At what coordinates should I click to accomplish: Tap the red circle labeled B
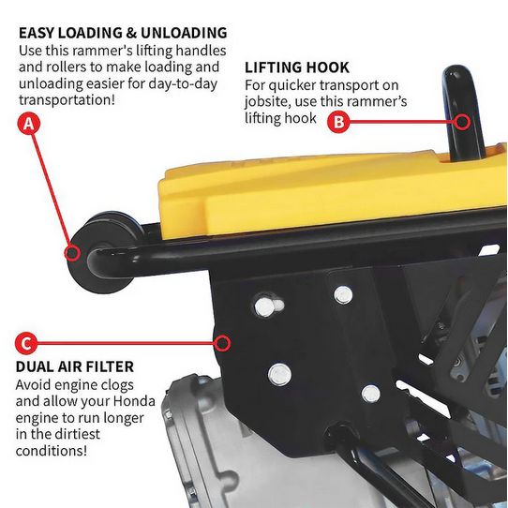tap(340, 120)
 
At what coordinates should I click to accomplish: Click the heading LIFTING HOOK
tap(296, 67)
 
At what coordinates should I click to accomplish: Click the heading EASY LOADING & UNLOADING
tap(122, 33)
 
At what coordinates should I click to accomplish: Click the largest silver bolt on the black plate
tap(279, 374)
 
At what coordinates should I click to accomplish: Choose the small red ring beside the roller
tap(71, 251)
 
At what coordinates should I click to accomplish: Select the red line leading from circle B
tap(403, 120)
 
